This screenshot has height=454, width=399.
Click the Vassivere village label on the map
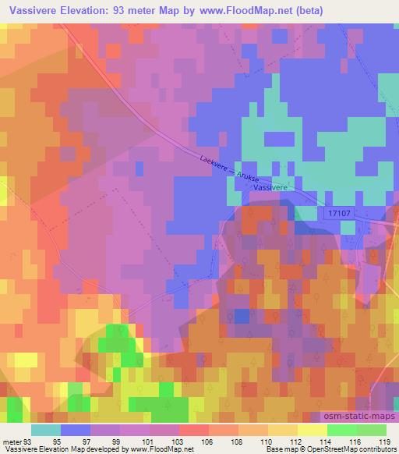tap(272, 188)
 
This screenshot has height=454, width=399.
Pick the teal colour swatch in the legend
tap(45, 429)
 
